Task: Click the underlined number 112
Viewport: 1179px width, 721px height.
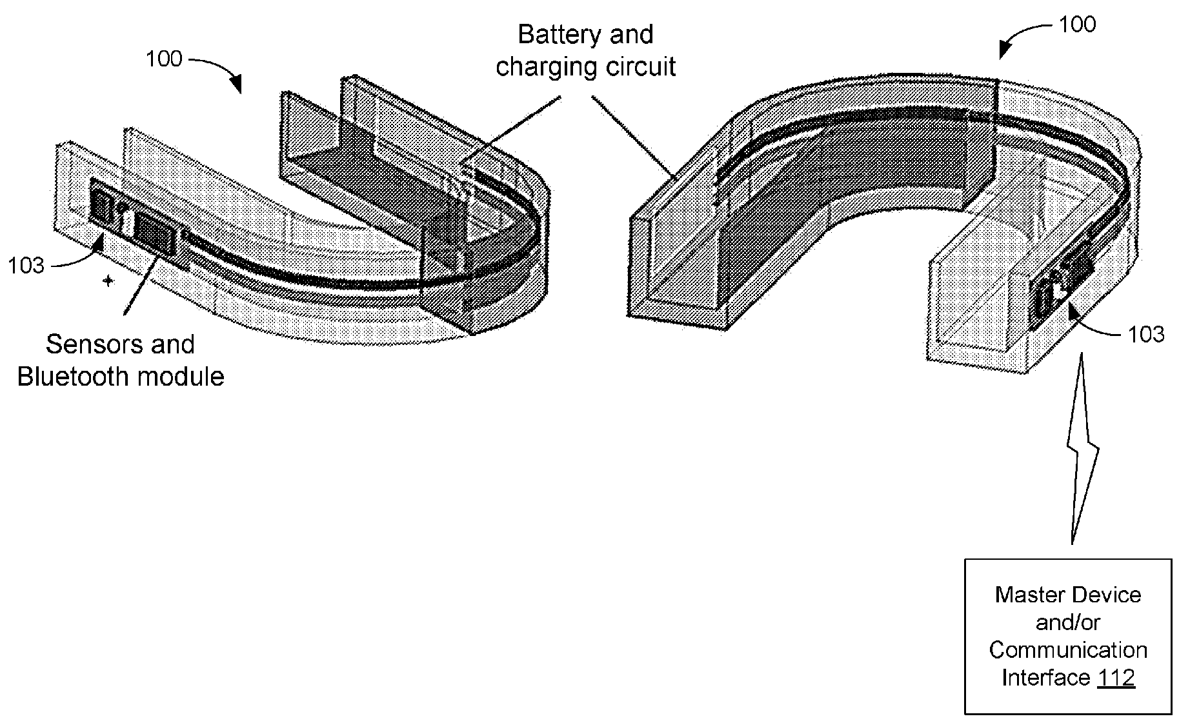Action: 1116,678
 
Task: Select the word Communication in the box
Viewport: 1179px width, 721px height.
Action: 1068,650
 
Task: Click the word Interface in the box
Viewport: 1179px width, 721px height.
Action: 1045,678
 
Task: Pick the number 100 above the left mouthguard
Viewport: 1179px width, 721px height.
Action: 164,59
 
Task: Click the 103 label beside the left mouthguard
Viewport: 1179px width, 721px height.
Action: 26,266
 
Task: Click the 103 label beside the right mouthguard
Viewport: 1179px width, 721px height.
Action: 1146,334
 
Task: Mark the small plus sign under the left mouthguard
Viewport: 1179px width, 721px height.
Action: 108,281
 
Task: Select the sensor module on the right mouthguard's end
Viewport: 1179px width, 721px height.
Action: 1062,284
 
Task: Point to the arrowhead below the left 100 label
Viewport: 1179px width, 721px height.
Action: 236,84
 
